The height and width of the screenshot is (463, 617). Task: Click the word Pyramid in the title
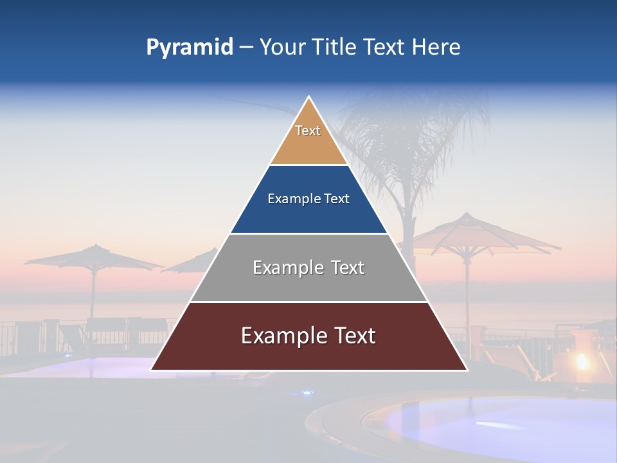(x=189, y=48)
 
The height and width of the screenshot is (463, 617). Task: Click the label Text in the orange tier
(x=308, y=131)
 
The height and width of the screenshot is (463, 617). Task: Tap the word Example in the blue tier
(x=288, y=199)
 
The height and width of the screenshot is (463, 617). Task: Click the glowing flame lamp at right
(x=582, y=361)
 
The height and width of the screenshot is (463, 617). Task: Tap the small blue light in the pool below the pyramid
(x=307, y=392)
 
